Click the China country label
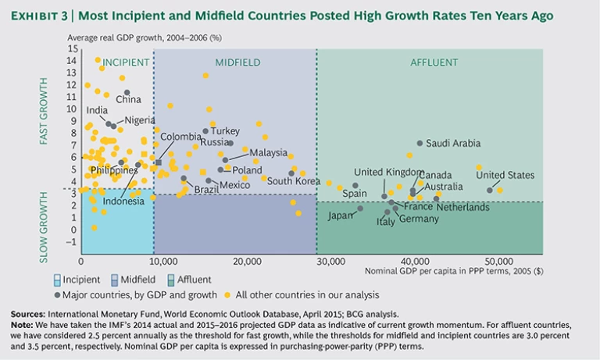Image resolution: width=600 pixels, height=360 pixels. pyautogui.click(x=128, y=99)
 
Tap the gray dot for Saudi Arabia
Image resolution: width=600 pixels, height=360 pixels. pyautogui.click(x=420, y=143)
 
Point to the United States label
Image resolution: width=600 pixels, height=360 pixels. pyautogui.click(x=505, y=175)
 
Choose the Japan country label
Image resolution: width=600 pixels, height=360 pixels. pyautogui.click(x=341, y=215)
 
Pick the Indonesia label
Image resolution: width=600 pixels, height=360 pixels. pyautogui.click(x=123, y=201)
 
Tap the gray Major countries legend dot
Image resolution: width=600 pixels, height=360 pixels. pyautogui.click(x=58, y=294)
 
